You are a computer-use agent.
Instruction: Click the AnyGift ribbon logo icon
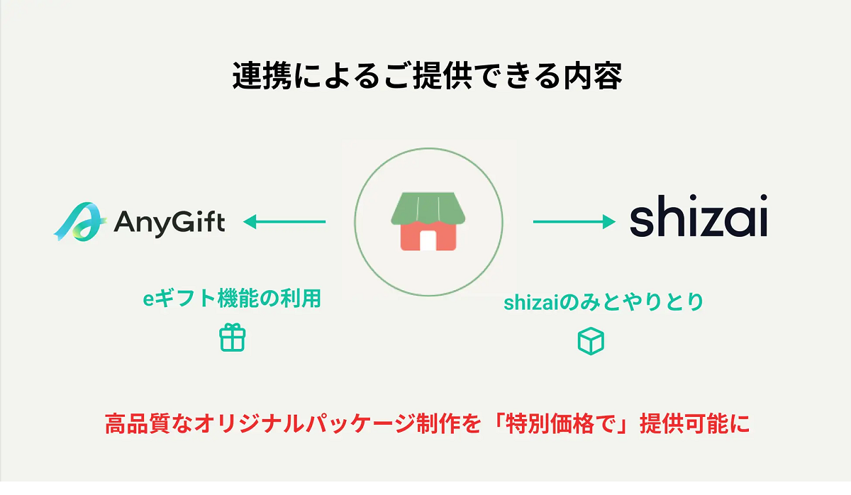pos(79,222)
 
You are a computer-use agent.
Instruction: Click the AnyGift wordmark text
pos(169,222)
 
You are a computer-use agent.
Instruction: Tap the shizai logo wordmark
pos(699,216)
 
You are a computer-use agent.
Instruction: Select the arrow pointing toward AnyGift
pos(284,221)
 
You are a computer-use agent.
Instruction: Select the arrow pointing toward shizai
pos(574,221)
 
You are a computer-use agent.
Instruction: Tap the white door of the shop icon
pos(428,240)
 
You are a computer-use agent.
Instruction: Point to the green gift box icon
pos(232,338)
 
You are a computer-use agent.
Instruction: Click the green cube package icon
pos(591,341)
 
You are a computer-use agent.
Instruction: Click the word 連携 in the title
pos(262,76)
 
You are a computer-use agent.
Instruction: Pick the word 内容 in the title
pos(593,76)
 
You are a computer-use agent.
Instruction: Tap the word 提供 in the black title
pos(443,76)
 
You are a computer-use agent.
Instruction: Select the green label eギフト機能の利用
pos(232,299)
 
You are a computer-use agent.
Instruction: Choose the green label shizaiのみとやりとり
pos(604,302)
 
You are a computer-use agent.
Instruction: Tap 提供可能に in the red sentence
pos(695,423)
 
